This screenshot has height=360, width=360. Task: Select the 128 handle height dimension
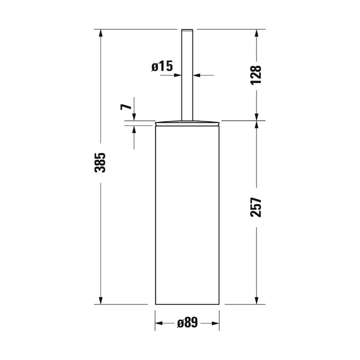pos(256,75)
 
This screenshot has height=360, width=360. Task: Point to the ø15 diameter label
pos(161,65)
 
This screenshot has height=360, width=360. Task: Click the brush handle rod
pos(187,75)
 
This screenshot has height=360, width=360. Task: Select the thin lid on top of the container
pos(187,122)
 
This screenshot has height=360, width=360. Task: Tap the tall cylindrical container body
pos(187,215)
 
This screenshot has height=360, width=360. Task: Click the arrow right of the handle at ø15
pos(196,75)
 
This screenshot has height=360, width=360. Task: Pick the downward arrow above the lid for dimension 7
pos(134,117)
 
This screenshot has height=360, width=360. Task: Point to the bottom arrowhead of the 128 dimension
pos(256,116)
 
